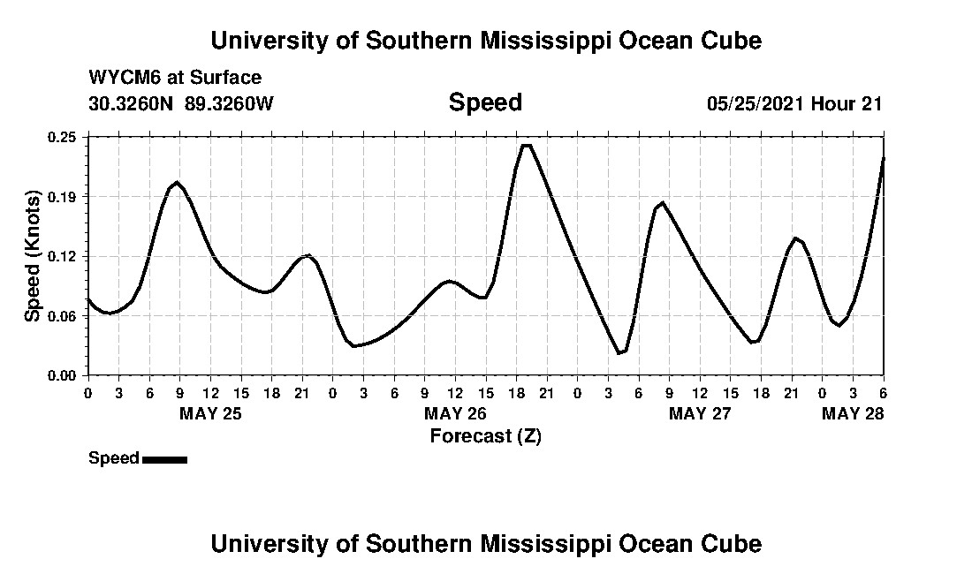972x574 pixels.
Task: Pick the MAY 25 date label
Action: pos(211,413)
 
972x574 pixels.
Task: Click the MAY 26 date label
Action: pos(456,413)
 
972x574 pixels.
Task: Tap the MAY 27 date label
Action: pos(701,413)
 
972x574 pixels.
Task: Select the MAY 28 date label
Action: pos(854,413)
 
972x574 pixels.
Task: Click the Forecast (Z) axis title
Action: pos(485,435)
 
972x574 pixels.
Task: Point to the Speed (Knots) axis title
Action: pos(33,256)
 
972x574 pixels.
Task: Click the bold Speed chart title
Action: pos(485,102)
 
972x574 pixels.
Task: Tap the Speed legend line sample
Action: pos(164,459)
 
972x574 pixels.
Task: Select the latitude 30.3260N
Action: pos(133,103)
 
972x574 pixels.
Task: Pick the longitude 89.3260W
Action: pos(230,103)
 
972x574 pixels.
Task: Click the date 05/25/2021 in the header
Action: pos(755,103)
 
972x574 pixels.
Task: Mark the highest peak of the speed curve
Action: pos(527,145)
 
